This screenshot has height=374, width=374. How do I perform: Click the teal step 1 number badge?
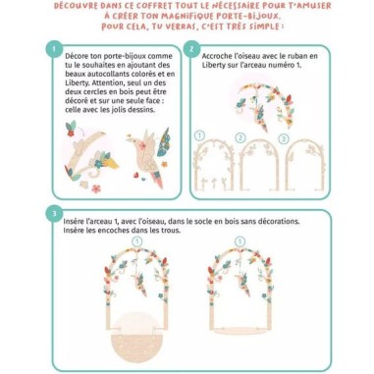coord(49,47)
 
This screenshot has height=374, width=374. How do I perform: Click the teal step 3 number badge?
coord(49,212)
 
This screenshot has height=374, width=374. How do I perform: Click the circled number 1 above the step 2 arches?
coord(199,134)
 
